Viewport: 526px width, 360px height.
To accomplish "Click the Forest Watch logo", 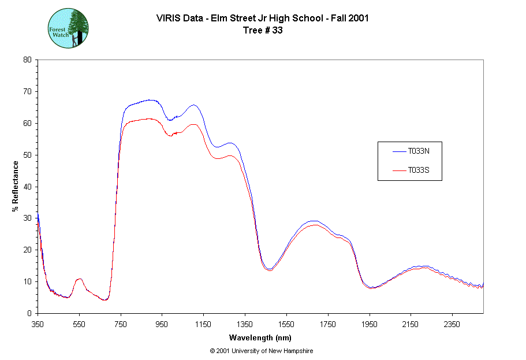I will pos(68,28).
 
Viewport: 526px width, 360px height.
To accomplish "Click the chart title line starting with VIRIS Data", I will pos(263,18).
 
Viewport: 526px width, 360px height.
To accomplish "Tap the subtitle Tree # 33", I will pos(263,31).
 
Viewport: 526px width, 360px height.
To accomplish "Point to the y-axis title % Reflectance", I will pos(16,185).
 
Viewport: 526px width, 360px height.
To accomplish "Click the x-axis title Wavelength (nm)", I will pos(260,337).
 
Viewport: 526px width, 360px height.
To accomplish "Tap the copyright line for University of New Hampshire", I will pos(262,351).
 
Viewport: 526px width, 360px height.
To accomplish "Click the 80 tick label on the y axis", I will pos(27,60).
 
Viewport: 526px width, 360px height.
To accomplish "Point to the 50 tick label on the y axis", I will pos(27,155).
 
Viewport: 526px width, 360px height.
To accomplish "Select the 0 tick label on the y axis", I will pos(29,313).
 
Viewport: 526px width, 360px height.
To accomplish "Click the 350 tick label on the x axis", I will pos(38,324).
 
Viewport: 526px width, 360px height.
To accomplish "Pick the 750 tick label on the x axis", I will pos(121,324).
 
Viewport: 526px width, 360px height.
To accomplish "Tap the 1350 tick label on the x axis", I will pos(245,324).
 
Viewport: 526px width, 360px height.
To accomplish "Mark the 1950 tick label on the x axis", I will pos(369,324).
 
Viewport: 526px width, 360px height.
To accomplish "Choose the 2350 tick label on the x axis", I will pos(452,324).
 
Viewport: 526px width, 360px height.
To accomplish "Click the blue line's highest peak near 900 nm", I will pos(150,100).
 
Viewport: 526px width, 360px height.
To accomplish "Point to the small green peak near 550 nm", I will pos(79,279).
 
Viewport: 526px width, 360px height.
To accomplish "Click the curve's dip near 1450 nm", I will pos(270,269).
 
